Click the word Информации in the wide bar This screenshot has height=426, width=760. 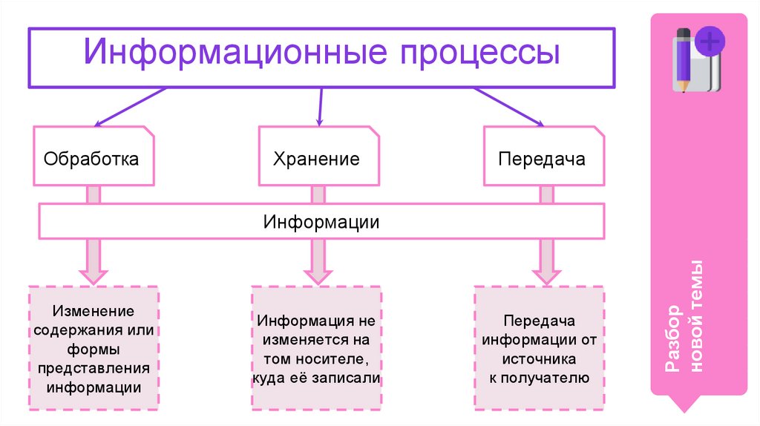coord(321,222)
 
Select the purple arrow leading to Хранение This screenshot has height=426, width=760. coord(320,106)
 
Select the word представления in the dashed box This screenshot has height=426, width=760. coord(94,368)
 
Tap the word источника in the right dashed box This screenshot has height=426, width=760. coord(539,358)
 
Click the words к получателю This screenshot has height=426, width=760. coord(539,378)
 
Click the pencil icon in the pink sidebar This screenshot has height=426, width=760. coord(684,59)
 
